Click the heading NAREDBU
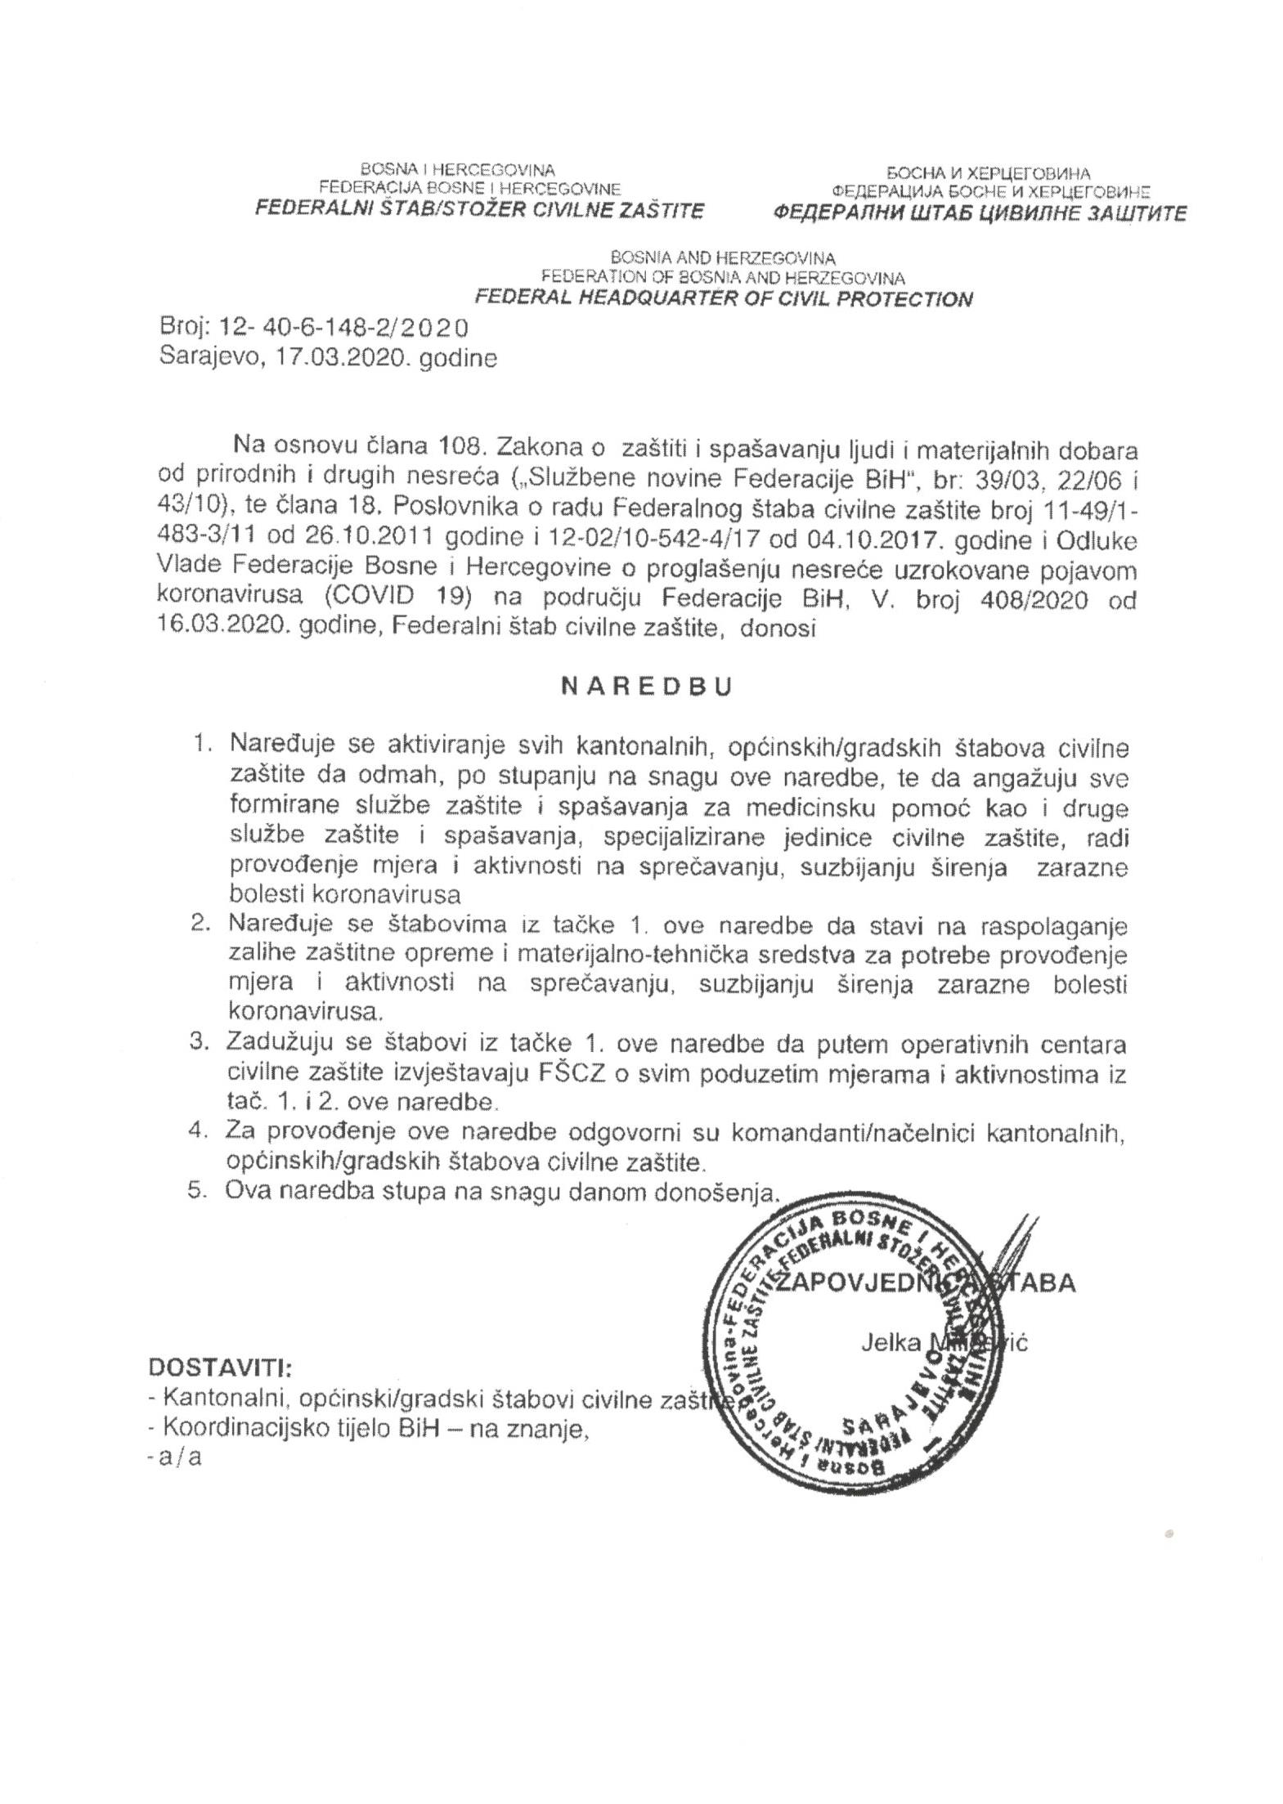point(645,686)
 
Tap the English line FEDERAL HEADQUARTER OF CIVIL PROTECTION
point(724,298)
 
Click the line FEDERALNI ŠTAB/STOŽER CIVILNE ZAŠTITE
point(479,210)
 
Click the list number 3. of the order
point(200,1045)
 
